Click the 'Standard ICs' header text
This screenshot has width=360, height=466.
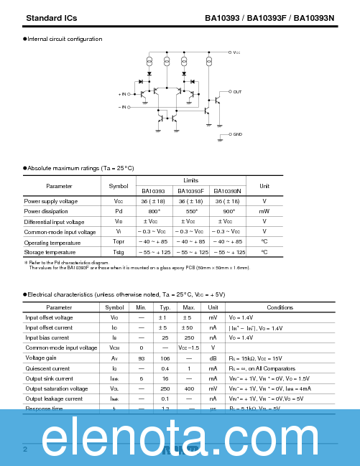[x=51, y=17]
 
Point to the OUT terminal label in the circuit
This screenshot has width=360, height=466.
[x=237, y=92]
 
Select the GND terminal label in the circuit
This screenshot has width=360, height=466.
[x=237, y=134]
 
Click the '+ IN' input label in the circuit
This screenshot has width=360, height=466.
[x=123, y=94]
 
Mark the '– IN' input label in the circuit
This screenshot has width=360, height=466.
[x=123, y=107]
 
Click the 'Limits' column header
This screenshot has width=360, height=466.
[x=190, y=181]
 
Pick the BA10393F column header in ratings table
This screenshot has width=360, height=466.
[x=190, y=192]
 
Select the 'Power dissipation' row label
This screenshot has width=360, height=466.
[x=46, y=212]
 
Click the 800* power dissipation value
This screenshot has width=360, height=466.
[x=154, y=212]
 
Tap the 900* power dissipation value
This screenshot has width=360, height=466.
[x=228, y=212]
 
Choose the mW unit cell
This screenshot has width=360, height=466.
[x=264, y=212]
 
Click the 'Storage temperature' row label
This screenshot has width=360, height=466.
[x=50, y=252]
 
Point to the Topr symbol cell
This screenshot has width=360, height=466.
[x=119, y=242]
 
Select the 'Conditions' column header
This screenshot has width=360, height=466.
[x=280, y=307]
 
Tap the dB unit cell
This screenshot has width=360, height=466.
[x=213, y=358]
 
